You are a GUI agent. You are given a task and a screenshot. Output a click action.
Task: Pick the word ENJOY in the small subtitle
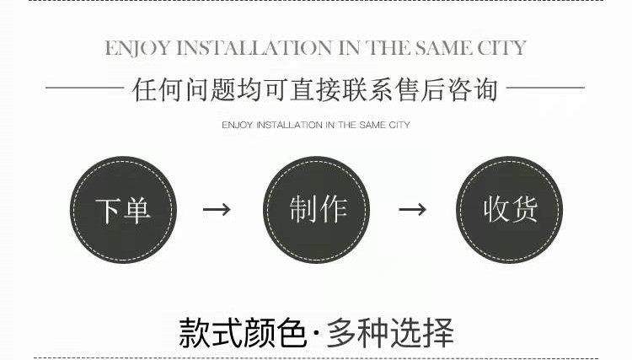(x=235, y=126)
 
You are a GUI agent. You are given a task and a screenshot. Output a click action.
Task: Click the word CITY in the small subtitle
(x=399, y=126)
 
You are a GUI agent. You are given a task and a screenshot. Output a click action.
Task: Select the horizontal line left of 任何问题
(x=83, y=88)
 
